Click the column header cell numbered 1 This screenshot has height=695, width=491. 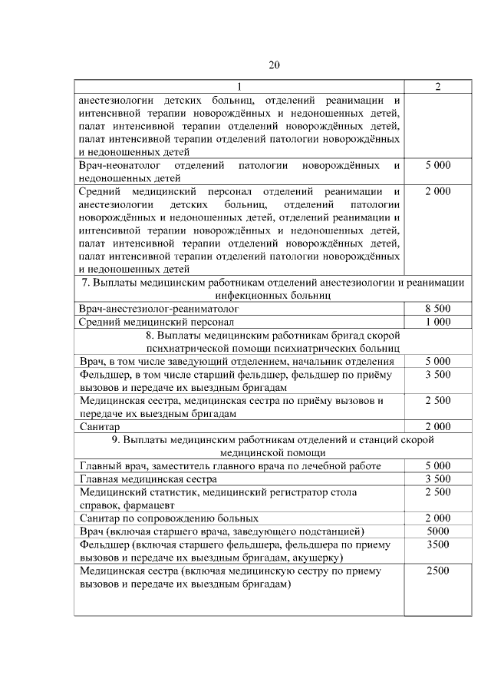[x=239, y=86]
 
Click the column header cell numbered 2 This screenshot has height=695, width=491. [x=437, y=86]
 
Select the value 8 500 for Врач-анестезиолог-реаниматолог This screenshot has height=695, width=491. [x=437, y=308]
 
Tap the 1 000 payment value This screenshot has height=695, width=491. [x=437, y=322]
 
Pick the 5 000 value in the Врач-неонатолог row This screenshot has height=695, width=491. [x=437, y=164]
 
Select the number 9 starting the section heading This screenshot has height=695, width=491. [x=114, y=439]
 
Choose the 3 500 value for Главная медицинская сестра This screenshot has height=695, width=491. [x=437, y=478]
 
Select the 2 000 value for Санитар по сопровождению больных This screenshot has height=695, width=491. [x=437, y=518]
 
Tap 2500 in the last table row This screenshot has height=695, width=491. [x=437, y=571]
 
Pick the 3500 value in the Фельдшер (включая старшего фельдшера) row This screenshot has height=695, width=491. [x=437, y=544]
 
